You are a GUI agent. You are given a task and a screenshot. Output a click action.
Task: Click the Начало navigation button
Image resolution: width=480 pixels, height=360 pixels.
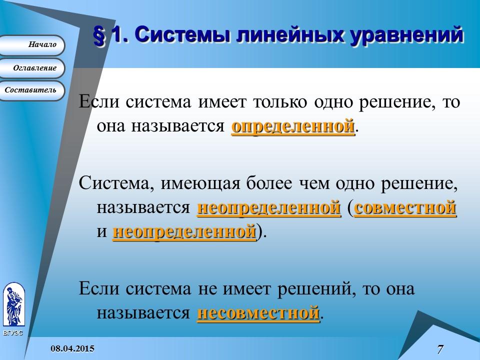[x=32, y=45]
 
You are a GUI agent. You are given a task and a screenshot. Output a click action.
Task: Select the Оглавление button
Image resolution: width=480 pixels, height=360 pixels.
[x=32, y=68]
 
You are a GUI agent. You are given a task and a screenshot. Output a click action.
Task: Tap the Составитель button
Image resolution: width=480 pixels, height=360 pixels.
[x=32, y=90]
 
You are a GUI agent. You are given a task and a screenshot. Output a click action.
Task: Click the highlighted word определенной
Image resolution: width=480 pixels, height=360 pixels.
[x=293, y=126]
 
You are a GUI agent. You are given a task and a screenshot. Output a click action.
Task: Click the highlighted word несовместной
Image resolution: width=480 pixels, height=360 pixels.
[x=258, y=313]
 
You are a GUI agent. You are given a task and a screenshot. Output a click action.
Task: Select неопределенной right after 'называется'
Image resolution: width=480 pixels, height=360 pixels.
[x=269, y=207]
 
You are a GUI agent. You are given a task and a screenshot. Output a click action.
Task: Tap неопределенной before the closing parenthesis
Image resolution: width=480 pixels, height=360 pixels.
[x=184, y=232]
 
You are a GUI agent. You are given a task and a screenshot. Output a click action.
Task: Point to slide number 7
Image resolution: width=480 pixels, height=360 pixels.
[x=440, y=349]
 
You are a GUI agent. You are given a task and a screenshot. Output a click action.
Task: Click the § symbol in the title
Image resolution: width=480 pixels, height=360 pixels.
[x=100, y=36]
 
